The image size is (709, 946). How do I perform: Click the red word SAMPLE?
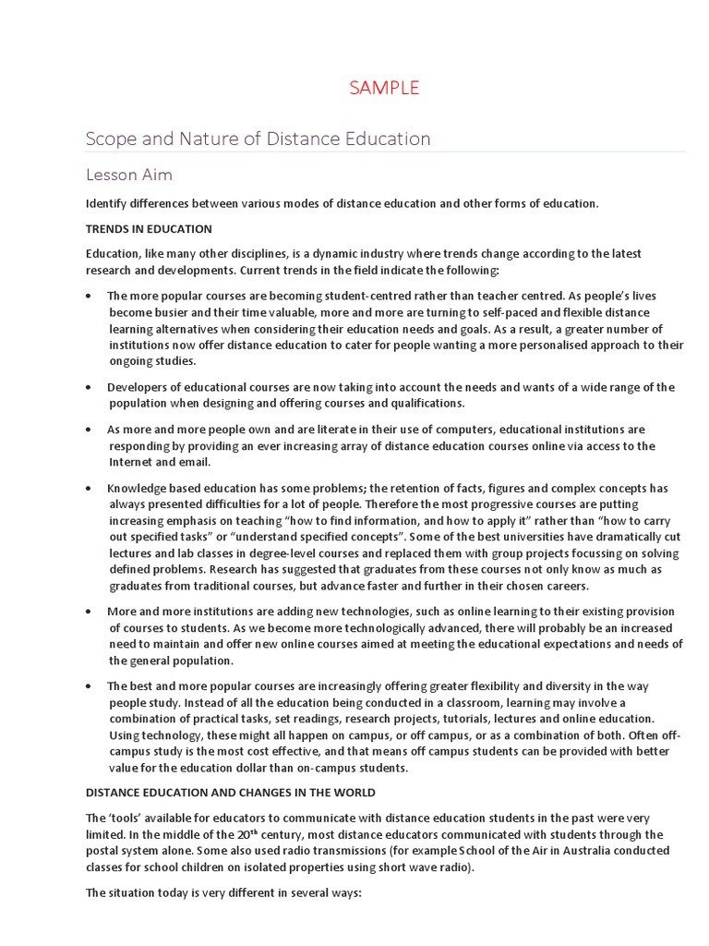coord(383,89)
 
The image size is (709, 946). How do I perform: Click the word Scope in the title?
coord(110,139)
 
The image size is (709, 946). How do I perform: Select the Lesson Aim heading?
coord(129,175)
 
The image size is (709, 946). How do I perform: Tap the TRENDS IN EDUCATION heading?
coord(149,228)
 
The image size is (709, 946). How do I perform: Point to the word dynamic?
coord(324,253)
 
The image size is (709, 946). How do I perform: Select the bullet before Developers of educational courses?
coord(88,388)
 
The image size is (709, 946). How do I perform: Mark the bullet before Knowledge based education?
coord(88,489)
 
